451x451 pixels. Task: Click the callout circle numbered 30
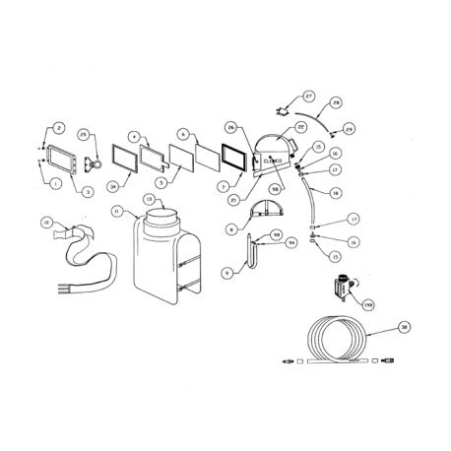pos(403,325)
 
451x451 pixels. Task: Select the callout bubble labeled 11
pos(117,211)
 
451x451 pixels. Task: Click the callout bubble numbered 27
pos(308,96)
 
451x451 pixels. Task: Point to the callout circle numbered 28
pos(335,102)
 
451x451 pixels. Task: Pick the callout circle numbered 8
pos(231,229)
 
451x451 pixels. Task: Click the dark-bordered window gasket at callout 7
pos(236,159)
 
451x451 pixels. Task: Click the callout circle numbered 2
pos(57,129)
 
